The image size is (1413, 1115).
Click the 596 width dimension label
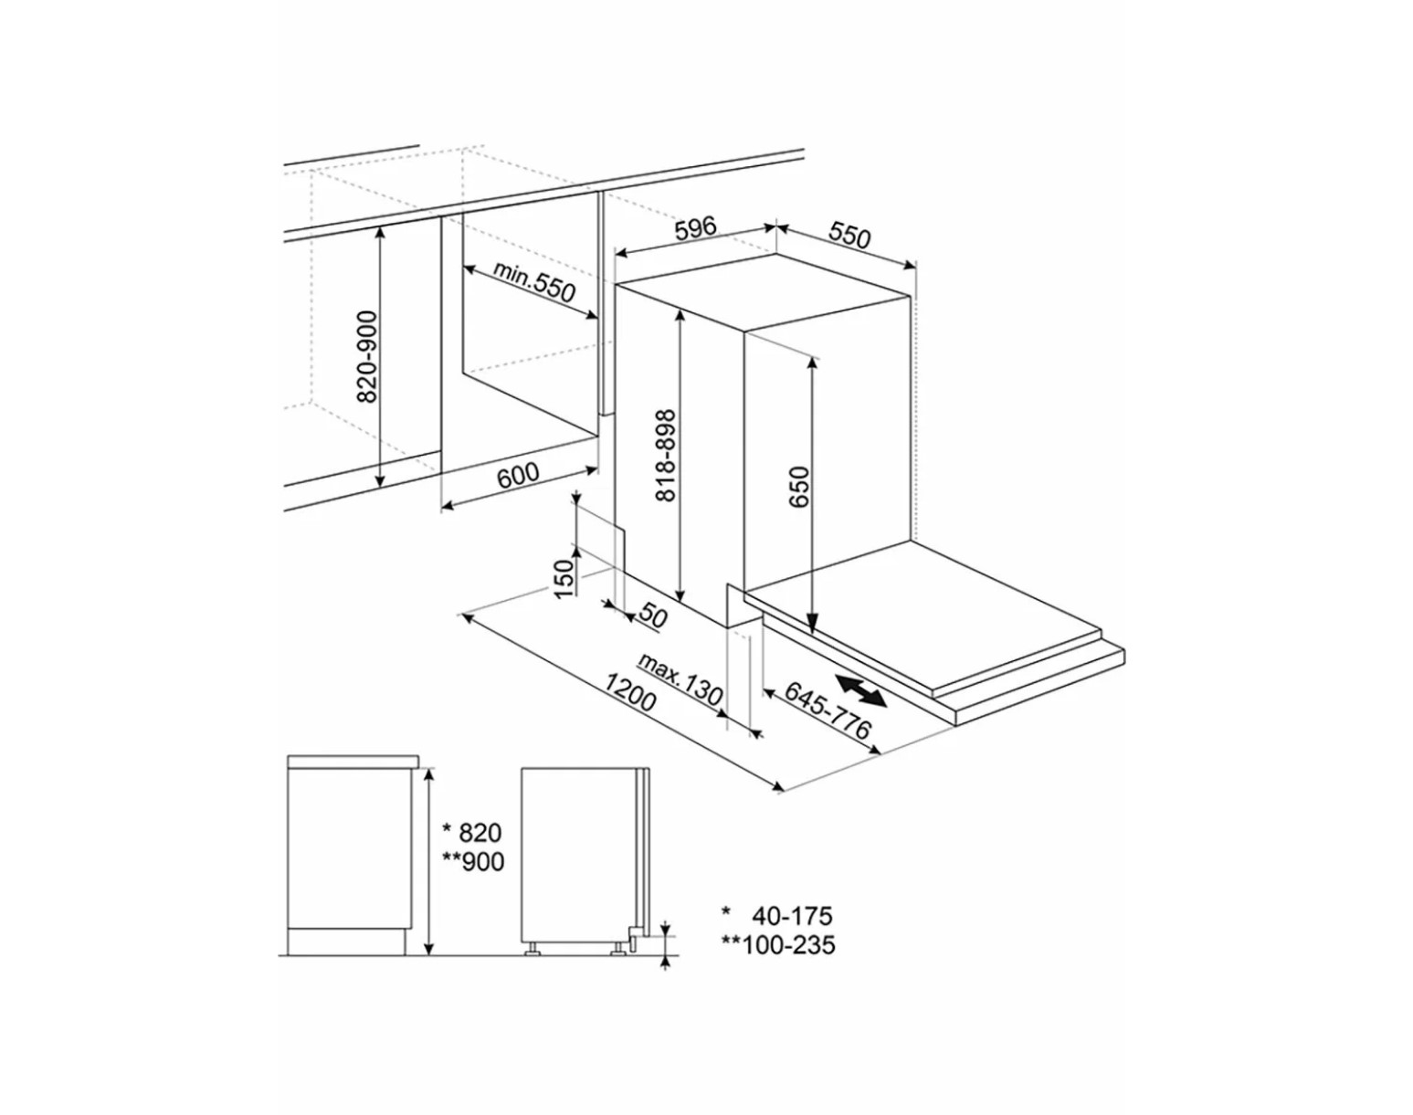695,228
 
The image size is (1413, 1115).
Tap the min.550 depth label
533,282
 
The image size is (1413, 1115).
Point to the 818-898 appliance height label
665,456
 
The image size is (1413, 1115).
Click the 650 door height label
800,487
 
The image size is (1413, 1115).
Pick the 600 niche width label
518,475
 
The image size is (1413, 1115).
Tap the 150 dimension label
564,579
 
